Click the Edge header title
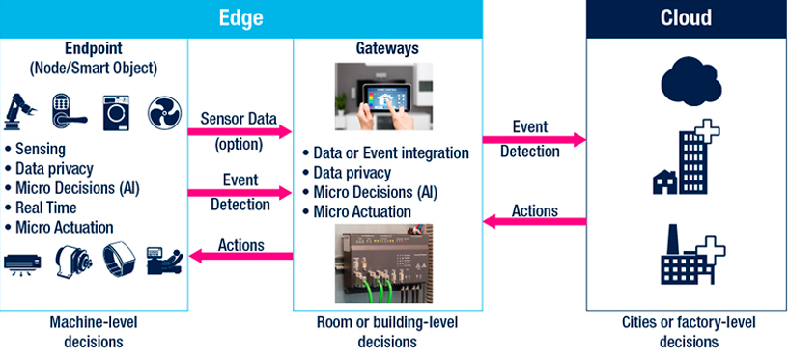tap(240, 18)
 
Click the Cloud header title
tap(686, 18)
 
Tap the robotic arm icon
tap(20, 113)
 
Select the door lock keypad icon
tap(69, 112)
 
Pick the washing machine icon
tap(116, 113)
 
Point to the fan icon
tap(164, 113)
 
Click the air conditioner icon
tap(22, 263)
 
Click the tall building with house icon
tap(686, 158)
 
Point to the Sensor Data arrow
tap(240, 132)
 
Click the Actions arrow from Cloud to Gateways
tap(534, 221)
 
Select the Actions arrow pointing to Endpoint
tap(240, 256)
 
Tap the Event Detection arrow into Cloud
tap(534, 140)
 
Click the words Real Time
tap(45, 208)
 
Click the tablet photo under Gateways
tap(384, 97)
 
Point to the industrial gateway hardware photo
tap(384, 263)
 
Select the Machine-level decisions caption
tap(93, 332)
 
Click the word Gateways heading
tap(387, 49)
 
